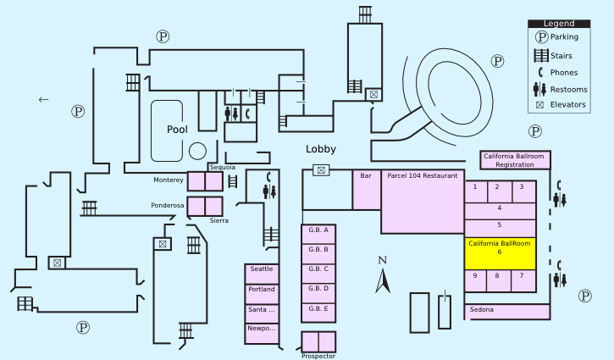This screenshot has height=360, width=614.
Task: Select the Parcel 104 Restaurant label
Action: pyautogui.click(x=422, y=176)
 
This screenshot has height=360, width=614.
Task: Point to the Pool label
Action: pyautogui.click(x=177, y=130)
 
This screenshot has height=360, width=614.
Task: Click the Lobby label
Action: pyautogui.click(x=321, y=149)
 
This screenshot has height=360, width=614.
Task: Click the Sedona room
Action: pyautogui.click(x=500, y=311)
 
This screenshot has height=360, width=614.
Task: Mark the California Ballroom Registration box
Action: pyautogui.click(x=515, y=160)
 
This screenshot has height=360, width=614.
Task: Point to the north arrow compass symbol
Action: pyautogui.click(x=382, y=276)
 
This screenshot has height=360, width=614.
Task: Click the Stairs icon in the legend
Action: pyautogui.click(x=539, y=56)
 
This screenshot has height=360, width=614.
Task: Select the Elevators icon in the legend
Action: pyautogui.click(x=539, y=105)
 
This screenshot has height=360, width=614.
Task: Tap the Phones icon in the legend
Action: pyautogui.click(x=539, y=72)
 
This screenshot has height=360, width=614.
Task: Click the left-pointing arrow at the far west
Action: pyautogui.click(x=44, y=100)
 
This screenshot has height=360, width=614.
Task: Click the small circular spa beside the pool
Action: pyautogui.click(x=197, y=151)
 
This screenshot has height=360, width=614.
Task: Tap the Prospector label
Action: pyautogui.click(x=318, y=356)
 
